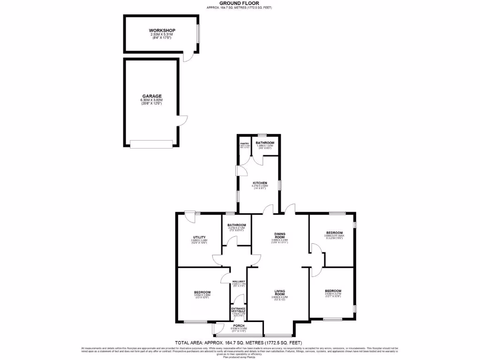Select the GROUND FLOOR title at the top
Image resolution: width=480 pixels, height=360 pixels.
click(240, 3)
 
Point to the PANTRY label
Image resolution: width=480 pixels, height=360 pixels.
click(244, 143)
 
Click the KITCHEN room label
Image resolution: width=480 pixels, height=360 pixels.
click(260, 182)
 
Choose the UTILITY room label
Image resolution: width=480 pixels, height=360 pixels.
click(199, 237)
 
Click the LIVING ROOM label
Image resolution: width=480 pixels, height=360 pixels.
click(280, 292)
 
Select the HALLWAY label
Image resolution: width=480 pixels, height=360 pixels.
click(239, 281)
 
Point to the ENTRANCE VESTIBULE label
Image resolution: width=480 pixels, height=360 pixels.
click(239, 309)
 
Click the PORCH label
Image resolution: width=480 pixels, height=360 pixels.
click(239, 325)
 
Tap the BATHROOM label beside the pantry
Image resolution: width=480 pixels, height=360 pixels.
click(265, 142)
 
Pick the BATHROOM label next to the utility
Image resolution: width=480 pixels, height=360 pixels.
click(237, 225)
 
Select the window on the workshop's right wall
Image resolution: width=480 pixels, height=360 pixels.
click(198, 33)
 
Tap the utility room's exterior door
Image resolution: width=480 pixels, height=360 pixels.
click(189, 216)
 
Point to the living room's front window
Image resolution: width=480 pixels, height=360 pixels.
click(278, 335)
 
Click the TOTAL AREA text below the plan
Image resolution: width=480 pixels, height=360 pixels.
click(240, 343)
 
